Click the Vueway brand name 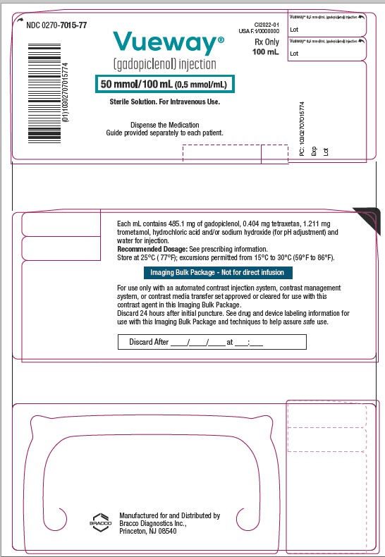tap(164, 44)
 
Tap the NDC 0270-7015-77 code tap(56, 25)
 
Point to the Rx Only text tap(267, 42)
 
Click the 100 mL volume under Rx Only tap(267, 53)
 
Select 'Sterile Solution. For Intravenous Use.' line tap(164, 102)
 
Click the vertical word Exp tap(314, 149)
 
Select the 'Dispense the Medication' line tap(164, 125)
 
